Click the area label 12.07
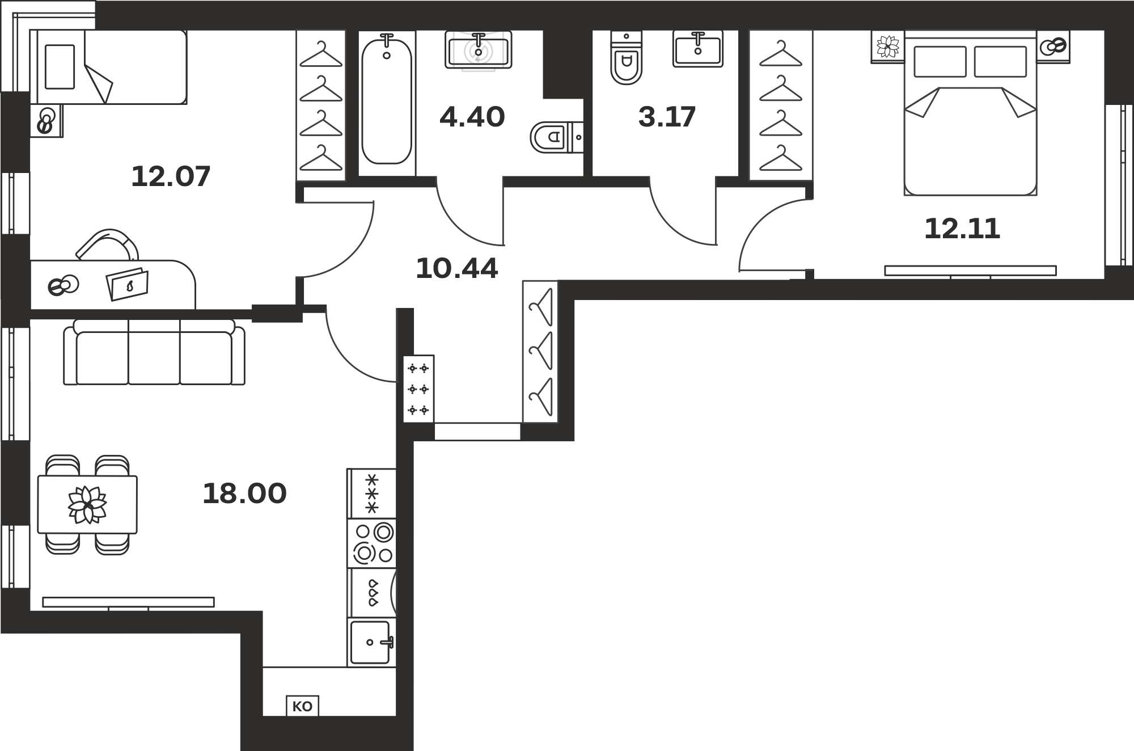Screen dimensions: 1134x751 point(171,176)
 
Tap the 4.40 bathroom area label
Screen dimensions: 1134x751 point(472,117)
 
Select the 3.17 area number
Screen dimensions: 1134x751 point(667,117)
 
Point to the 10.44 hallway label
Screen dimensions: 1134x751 point(457,268)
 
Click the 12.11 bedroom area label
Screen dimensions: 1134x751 point(962,229)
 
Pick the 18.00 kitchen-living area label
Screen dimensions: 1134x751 point(244,493)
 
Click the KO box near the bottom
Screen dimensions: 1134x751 point(302,706)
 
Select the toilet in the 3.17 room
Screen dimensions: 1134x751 point(626,58)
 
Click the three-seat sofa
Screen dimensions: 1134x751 point(154,352)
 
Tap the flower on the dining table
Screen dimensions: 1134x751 point(87,504)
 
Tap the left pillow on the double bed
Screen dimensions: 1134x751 point(940,61)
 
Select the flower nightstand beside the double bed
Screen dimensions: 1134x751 point(888,47)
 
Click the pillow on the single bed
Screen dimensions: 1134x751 point(60,67)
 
